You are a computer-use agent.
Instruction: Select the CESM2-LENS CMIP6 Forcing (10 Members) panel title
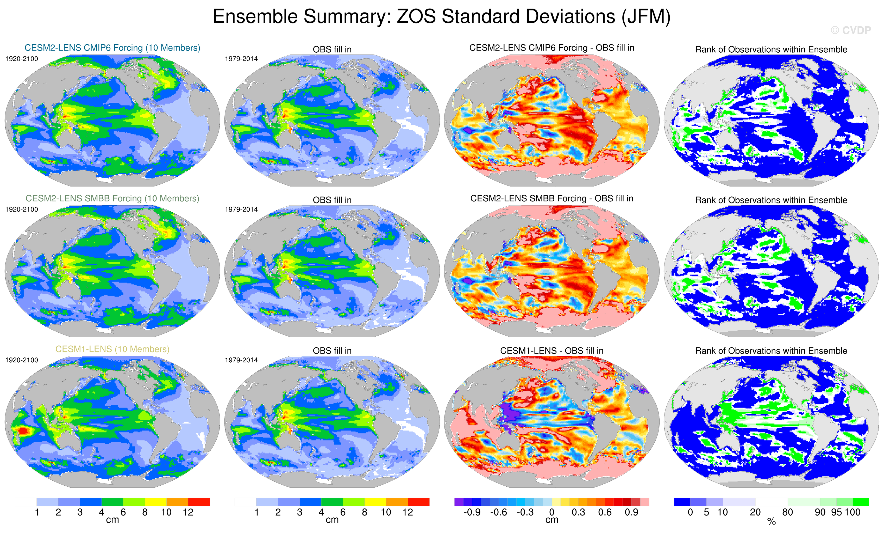pos(112,48)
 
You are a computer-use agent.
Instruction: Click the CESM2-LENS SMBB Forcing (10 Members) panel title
pos(112,199)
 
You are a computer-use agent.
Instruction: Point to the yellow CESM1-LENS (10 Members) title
pos(112,349)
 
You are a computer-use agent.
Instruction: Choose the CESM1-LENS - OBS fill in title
pos(552,351)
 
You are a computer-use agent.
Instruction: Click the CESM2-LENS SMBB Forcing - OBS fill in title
pos(552,199)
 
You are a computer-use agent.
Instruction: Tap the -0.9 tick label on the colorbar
pos(472,512)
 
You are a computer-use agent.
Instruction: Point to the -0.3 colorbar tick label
pos(525,512)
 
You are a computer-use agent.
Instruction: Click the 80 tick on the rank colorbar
pos(787,512)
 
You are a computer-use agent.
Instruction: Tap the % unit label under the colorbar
pos(771,522)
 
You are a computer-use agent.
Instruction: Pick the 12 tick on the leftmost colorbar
pos(188,512)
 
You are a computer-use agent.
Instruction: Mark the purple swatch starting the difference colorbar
pos(459,502)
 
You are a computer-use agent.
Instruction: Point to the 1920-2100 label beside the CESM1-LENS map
pos(22,360)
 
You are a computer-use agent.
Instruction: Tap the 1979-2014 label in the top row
pos(241,59)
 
